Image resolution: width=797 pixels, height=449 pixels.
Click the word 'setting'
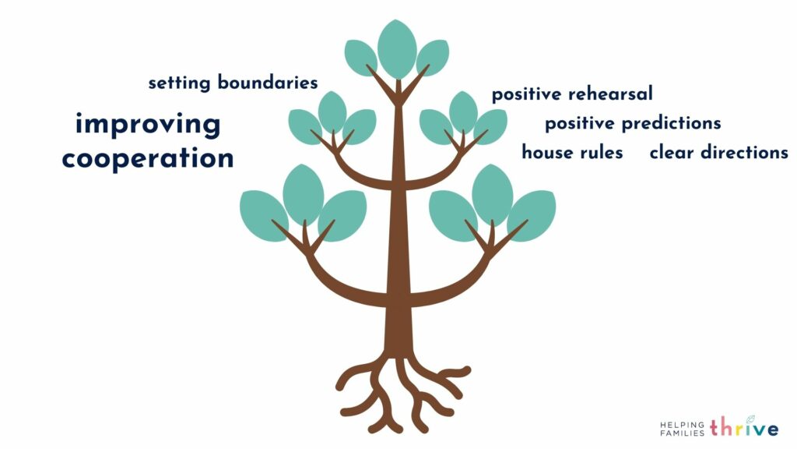tap(179, 83)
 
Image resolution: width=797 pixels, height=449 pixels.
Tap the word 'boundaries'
tap(268, 82)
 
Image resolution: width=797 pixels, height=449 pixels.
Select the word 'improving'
tap(148, 125)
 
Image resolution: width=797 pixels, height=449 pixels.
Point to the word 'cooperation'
tap(148, 158)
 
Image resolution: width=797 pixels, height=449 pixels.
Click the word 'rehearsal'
tap(610, 94)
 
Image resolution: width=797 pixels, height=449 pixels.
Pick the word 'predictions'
tap(672, 123)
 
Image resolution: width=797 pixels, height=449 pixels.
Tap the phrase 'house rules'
tap(572, 152)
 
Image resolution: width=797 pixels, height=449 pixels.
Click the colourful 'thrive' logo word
tap(744, 426)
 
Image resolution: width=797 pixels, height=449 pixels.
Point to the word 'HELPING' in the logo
tap(682, 424)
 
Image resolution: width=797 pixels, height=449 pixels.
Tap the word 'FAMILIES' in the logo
tap(682, 433)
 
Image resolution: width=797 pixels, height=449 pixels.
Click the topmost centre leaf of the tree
tap(397, 49)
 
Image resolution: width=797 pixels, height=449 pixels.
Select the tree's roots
tap(402, 394)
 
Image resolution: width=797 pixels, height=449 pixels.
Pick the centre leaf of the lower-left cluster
tap(303, 194)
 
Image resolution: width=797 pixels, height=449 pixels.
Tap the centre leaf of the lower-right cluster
tap(492, 194)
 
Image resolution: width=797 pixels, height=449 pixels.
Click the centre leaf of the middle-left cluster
tap(332, 112)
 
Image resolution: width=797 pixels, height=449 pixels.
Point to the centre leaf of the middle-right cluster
tap(463, 112)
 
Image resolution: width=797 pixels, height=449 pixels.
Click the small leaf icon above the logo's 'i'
tap(750, 419)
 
